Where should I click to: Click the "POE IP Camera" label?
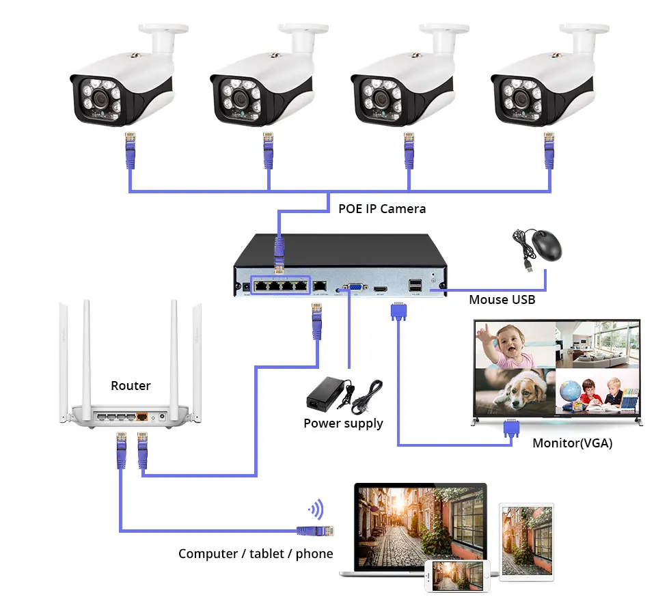[382, 208]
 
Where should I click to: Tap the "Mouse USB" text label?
[502, 299]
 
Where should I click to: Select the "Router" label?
[131, 386]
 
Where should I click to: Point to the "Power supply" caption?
[343, 423]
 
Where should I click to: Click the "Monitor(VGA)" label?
[572, 443]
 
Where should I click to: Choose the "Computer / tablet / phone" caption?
[256, 553]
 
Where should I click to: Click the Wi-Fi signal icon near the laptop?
[316, 509]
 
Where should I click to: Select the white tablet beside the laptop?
[526, 540]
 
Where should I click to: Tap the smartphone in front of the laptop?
[457, 576]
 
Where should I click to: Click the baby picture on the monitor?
[515, 345]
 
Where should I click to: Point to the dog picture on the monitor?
[515, 391]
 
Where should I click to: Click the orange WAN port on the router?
[142, 415]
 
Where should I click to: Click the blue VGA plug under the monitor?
[510, 428]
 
